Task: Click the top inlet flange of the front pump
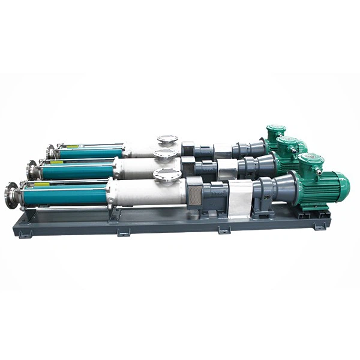pyautogui.click(x=166, y=175)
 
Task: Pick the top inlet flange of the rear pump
pyautogui.click(x=168, y=140)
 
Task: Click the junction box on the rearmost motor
pyautogui.click(x=276, y=131)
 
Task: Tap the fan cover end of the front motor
pyautogui.click(x=343, y=185)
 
